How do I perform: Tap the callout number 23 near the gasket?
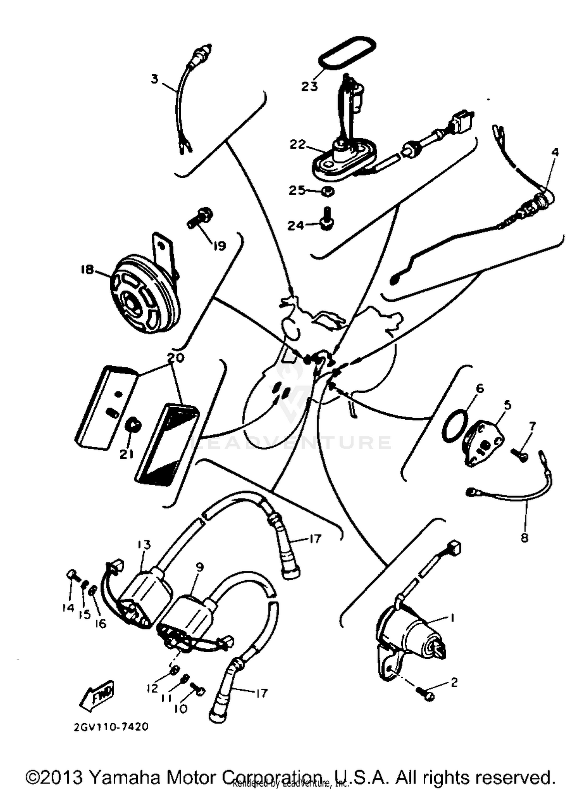click(309, 86)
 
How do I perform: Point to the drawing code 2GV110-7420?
click(111, 727)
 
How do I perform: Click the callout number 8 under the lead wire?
click(525, 538)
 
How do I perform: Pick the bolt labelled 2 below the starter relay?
click(426, 694)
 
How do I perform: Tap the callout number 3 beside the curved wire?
click(154, 79)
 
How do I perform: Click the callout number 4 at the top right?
click(555, 152)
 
